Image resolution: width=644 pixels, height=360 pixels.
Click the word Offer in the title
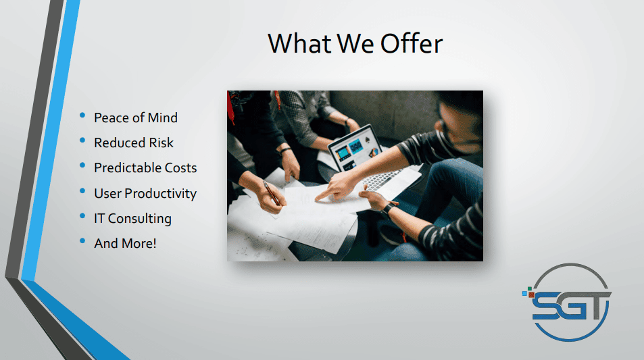tap(412, 43)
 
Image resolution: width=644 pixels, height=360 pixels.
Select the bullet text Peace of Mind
tap(136, 118)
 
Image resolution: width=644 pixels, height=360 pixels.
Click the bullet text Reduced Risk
tap(134, 143)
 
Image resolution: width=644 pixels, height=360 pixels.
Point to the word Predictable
tap(127, 168)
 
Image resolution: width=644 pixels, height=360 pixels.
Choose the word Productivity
tap(161, 193)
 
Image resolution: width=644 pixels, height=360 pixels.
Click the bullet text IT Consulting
tap(132, 218)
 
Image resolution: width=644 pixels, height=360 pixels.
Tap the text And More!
tap(125, 243)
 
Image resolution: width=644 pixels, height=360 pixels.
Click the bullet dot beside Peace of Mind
tap(82, 115)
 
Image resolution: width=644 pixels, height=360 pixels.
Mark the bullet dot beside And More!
tap(82, 241)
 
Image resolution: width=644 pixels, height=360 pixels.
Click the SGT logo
tap(567, 302)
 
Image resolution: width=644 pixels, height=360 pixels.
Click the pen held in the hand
tap(272, 193)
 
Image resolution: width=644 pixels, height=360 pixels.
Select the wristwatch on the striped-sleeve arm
tap(387, 209)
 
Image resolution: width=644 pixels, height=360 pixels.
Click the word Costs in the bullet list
tap(180, 168)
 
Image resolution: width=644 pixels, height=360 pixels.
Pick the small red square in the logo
tap(531, 294)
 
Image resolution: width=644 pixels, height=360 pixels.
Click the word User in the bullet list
tap(107, 193)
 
